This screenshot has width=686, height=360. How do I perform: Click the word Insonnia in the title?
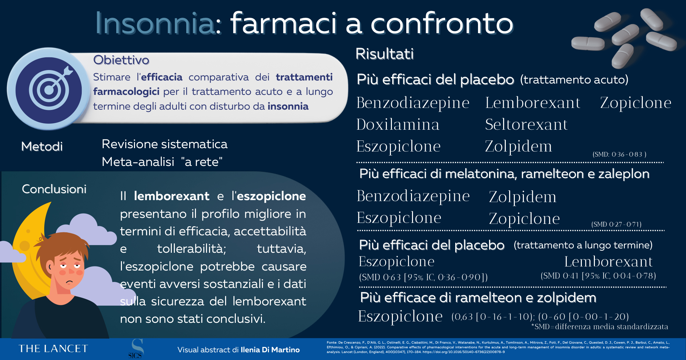[x=155, y=23]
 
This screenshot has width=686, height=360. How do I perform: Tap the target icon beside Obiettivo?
[x=49, y=89]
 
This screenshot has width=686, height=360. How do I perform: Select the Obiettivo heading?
[x=121, y=60]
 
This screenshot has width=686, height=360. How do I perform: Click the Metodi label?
[x=42, y=146]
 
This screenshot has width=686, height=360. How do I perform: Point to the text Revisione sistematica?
[x=164, y=144]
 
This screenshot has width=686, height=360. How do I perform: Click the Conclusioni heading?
[x=54, y=189]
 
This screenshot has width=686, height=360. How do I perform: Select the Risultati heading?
[x=385, y=54]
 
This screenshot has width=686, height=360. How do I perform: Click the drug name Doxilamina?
[x=398, y=124]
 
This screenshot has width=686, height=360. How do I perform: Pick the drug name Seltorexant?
[x=526, y=124]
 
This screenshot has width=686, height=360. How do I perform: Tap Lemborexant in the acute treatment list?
[x=533, y=103]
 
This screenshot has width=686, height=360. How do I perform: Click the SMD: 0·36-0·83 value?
[x=619, y=155]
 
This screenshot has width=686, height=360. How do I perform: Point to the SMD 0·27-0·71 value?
[x=616, y=224]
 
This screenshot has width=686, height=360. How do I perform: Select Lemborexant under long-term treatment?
[x=608, y=261]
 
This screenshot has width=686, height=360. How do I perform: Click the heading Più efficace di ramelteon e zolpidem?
[x=478, y=298]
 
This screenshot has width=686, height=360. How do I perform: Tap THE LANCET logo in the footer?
[x=53, y=349]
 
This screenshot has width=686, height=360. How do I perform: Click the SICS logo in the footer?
[x=136, y=349]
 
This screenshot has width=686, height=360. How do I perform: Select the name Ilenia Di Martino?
[x=270, y=350]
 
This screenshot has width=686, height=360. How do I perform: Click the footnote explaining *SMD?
[x=600, y=326]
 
